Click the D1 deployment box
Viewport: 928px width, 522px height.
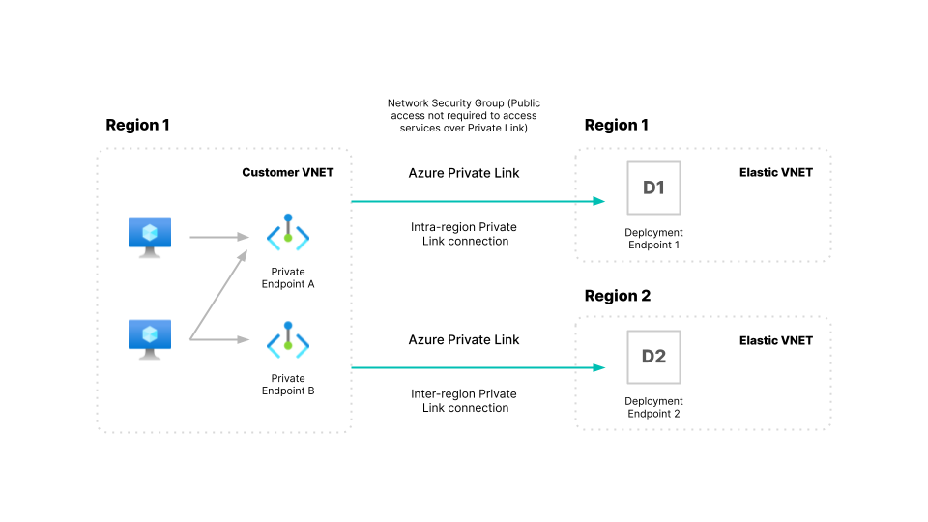[654, 188]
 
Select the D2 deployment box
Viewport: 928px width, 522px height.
[654, 357]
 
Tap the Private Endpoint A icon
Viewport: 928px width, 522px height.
[288, 234]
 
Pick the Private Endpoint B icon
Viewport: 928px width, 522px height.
[288, 340]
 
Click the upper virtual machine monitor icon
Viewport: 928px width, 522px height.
[150, 236]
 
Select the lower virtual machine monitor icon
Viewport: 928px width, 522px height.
[150, 338]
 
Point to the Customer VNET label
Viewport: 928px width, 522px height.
[286, 172]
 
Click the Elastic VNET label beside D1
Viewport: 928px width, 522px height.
[776, 172]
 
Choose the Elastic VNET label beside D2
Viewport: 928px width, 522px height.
[776, 340]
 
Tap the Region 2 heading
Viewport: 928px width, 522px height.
[617, 296]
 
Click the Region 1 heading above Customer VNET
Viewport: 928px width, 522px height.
[137, 125]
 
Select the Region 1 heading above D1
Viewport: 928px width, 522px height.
[617, 125]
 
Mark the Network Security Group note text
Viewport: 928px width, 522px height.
[464, 115]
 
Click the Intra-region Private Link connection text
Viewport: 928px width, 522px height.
[464, 234]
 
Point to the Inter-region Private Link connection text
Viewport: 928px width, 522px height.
[464, 401]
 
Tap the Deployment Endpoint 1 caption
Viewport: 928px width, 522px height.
[653, 239]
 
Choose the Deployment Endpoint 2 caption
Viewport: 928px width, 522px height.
[653, 407]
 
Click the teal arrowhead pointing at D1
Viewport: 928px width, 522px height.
[599, 201]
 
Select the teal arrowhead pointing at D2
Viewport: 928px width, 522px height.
[599, 367]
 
